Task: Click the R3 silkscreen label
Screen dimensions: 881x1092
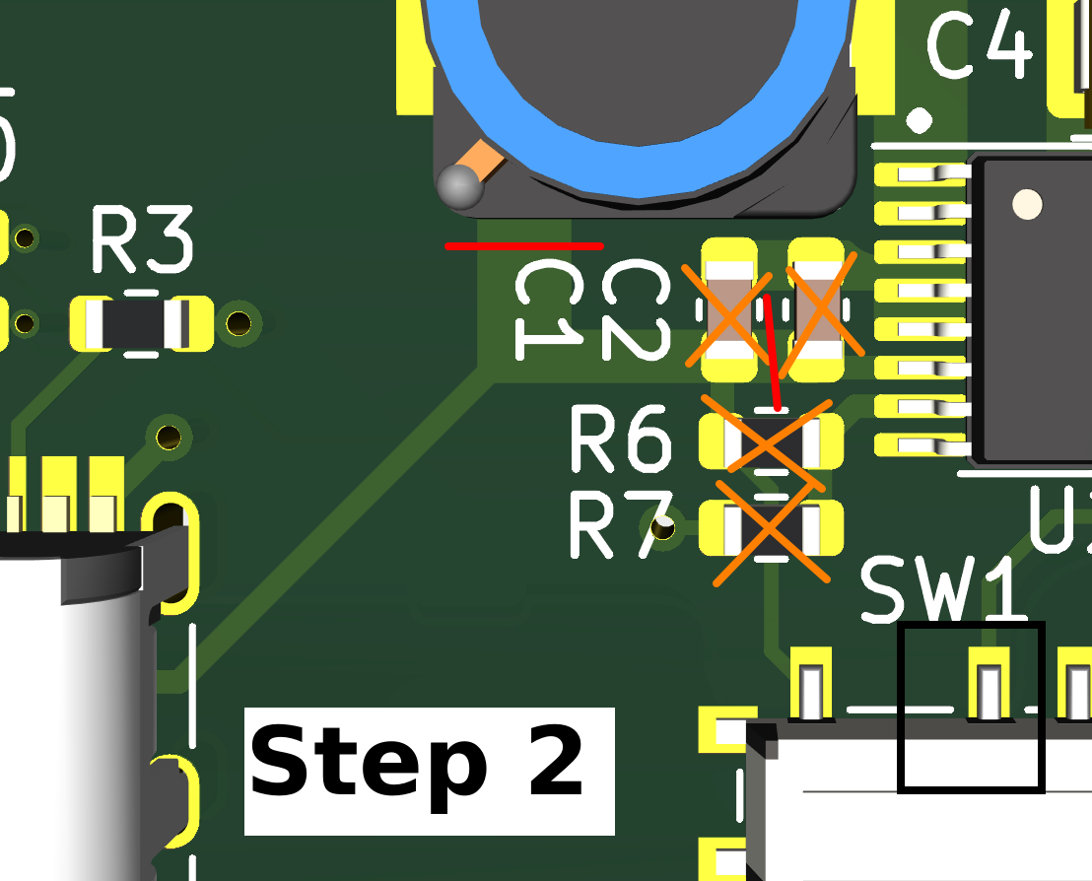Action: click(x=142, y=241)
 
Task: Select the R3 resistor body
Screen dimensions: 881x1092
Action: click(x=142, y=323)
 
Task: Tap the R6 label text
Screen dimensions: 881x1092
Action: click(x=621, y=441)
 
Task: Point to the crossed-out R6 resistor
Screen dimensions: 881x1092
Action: click(x=771, y=441)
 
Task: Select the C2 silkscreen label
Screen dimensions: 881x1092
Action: click(x=633, y=309)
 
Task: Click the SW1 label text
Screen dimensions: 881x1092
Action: click(x=944, y=589)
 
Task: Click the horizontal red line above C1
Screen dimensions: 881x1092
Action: click(x=523, y=245)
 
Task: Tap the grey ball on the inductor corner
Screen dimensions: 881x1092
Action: click(x=460, y=187)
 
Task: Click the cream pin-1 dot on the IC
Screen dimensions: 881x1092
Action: click(x=1027, y=204)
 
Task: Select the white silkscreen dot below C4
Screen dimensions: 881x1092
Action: click(x=920, y=120)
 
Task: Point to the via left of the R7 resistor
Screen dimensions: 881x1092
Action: click(x=665, y=530)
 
